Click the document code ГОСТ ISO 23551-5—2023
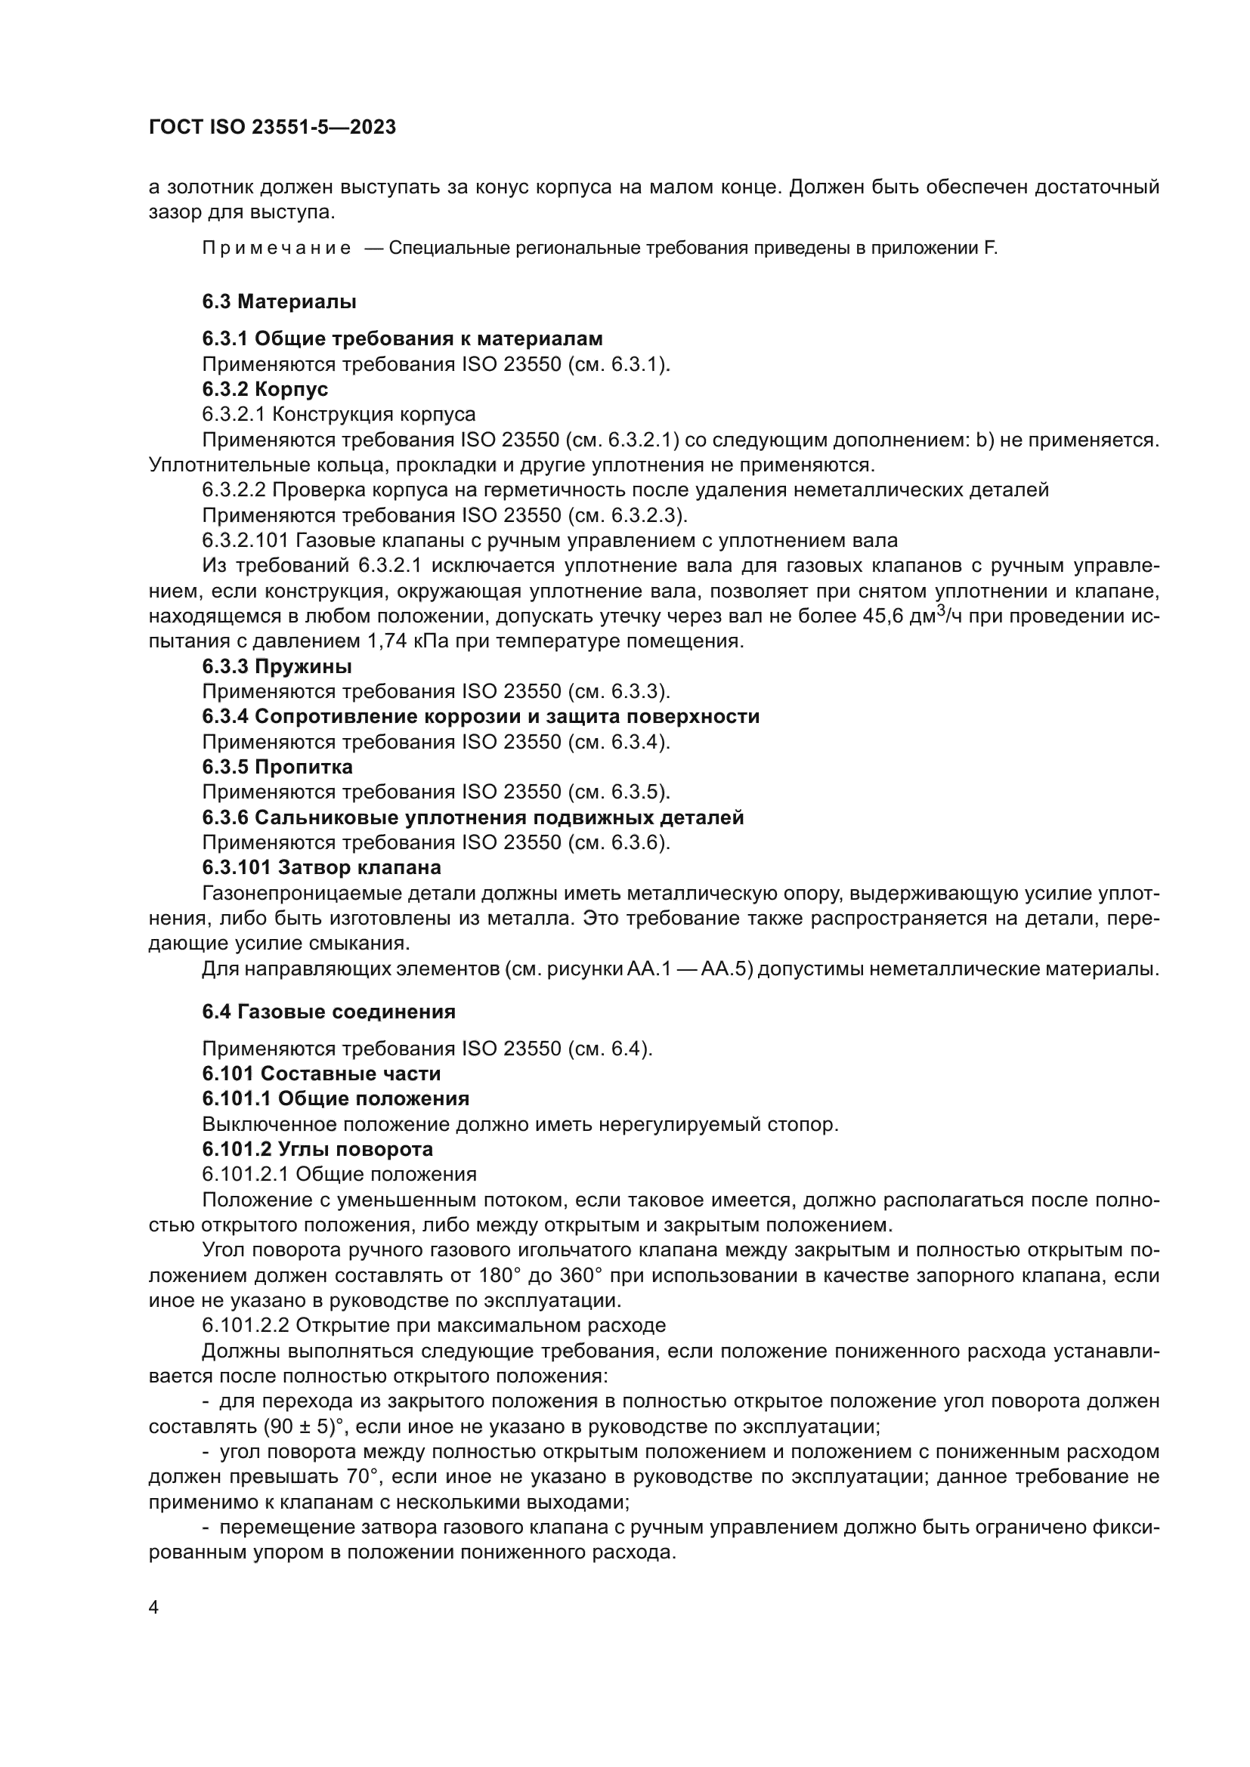272,128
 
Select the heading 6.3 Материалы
279,301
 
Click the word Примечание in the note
277,249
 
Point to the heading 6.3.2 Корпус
265,389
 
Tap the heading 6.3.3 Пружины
277,666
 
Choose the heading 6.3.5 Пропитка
277,768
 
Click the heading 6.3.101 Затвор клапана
322,868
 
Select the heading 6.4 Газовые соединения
329,1012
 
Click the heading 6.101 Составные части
321,1073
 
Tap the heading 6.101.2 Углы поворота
317,1149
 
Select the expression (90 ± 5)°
306,1427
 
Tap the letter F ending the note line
989,249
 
